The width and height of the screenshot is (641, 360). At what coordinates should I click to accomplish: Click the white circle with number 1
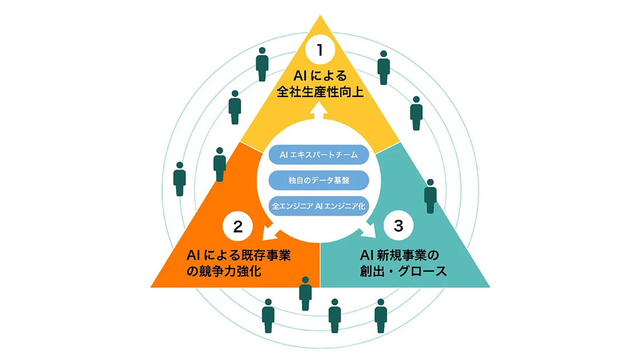pos(320,50)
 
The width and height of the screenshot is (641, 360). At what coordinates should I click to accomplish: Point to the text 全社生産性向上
pos(320,91)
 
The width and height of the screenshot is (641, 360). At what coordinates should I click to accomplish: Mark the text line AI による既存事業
pos(239,253)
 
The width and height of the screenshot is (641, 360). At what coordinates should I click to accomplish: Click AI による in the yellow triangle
pos(320,75)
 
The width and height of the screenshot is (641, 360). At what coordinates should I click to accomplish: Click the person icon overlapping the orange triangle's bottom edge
pos(305,293)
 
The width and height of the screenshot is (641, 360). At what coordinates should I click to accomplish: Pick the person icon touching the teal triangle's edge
pos(431,196)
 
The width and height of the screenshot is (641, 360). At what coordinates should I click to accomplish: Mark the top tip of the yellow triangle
pos(320,17)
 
